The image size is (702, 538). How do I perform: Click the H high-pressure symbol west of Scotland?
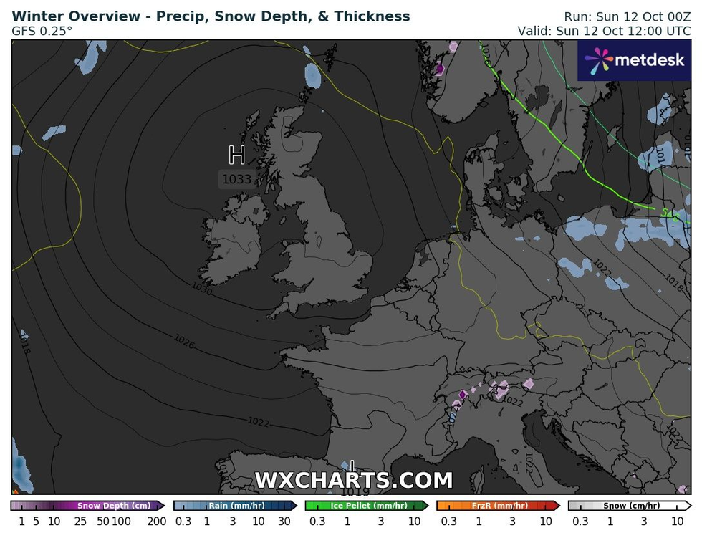(236, 155)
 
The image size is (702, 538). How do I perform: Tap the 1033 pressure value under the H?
(236, 179)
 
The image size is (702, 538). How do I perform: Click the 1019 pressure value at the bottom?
(355, 492)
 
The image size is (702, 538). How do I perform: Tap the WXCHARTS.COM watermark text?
(354, 480)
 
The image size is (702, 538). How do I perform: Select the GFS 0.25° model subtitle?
(42, 32)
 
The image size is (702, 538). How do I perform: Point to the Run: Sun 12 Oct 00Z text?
(627, 16)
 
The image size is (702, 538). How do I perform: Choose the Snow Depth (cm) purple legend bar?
(88, 506)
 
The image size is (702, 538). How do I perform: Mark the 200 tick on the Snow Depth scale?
(156, 522)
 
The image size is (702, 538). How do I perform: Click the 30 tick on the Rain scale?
(284, 522)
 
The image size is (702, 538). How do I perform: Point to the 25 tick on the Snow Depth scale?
(80, 522)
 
